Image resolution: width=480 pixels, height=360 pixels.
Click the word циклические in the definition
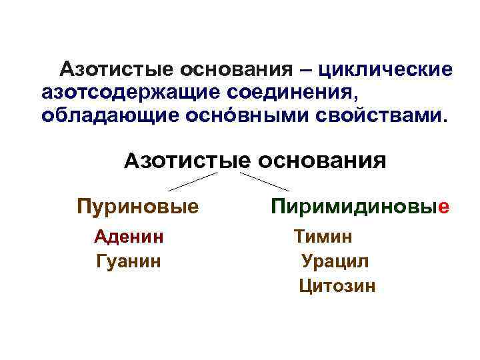pos(386,70)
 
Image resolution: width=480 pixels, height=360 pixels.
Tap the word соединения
pos(292,92)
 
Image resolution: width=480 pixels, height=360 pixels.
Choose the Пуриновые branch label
pos(138,206)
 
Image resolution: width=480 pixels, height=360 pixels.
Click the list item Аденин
pos(129,236)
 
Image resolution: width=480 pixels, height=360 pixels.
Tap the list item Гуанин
pos(129,261)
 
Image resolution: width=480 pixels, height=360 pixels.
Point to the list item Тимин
pos(323,236)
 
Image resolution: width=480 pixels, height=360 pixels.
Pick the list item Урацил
pos(335,261)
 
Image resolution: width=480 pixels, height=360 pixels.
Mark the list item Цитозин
pos(337,286)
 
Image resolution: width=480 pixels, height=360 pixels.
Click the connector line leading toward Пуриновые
pos(193,181)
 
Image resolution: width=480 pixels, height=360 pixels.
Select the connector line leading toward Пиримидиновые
pos(264,181)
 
